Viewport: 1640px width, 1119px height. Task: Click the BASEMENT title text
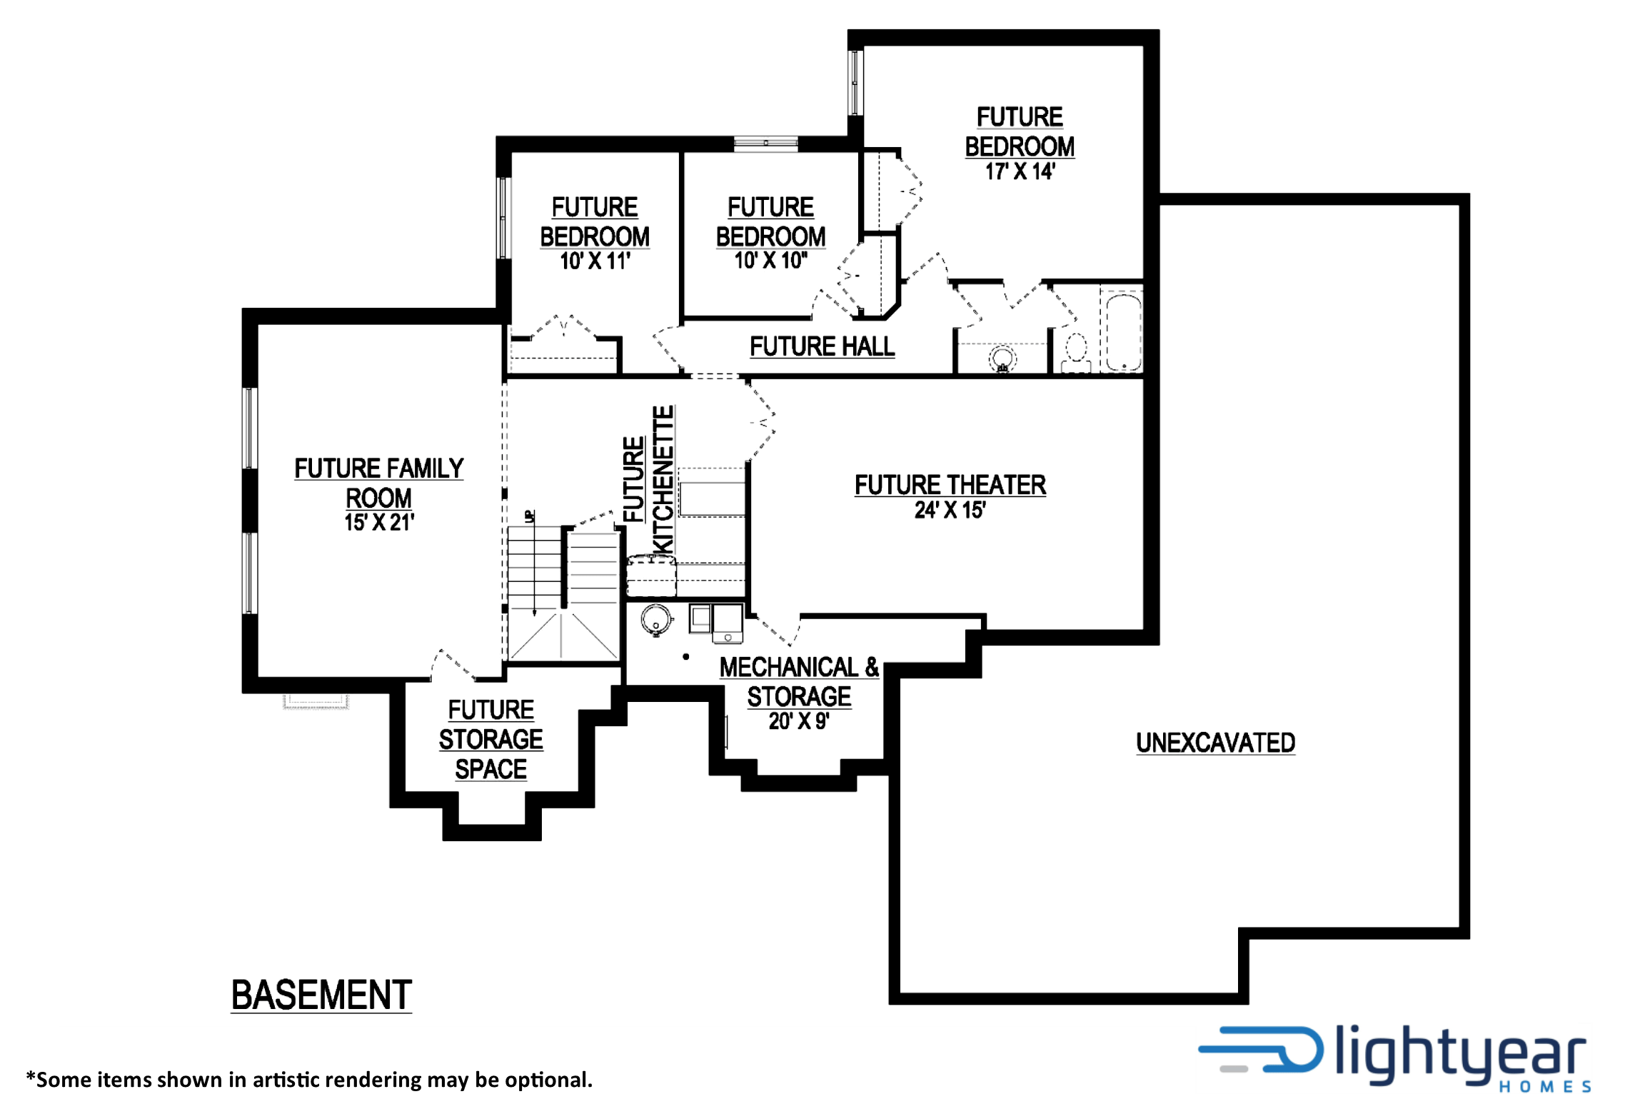pyautogui.click(x=321, y=995)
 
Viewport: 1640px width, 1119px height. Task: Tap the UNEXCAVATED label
pyautogui.click(x=1215, y=743)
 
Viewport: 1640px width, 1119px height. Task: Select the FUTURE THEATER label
pyautogui.click(x=950, y=485)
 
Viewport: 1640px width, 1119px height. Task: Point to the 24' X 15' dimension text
pyautogui.click(x=950, y=510)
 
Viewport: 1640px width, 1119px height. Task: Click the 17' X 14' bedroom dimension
pyautogui.click(x=1020, y=171)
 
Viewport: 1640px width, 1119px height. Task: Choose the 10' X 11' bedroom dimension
pyautogui.click(x=595, y=261)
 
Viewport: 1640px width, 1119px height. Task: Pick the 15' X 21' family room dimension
pyautogui.click(x=379, y=522)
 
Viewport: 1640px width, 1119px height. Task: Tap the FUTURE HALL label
pyautogui.click(x=822, y=346)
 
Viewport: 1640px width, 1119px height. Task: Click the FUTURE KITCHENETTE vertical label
pyautogui.click(x=648, y=479)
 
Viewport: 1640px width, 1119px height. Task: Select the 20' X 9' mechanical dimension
pyautogui.click(x=799, y=721)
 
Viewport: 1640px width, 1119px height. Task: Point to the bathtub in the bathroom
pyautogui.click(x=1124, y=331)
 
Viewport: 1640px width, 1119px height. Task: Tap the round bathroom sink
pyautogui.click(x=1002, y=358)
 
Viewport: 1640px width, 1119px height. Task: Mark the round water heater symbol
pyautogui.click(x=656, y=619)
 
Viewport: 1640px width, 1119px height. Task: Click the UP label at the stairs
pyautogui.click(x=530, y=516)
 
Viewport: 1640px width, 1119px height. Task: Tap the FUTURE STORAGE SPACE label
pyautogui.click(x=491, y=739)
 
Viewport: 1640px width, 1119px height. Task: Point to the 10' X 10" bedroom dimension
pyautogui.click(x=770, y=261)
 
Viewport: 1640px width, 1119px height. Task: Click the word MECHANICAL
pyautogui.click(x=789, y=667)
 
